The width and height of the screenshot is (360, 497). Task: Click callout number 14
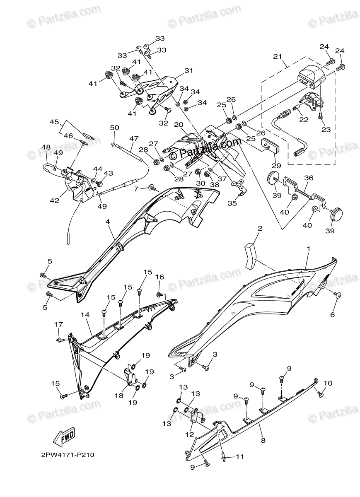85,315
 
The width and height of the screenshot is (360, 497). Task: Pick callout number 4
108,222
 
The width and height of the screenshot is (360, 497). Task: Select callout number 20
179,125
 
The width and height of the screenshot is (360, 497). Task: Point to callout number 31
189,71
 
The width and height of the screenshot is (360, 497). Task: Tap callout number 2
260,229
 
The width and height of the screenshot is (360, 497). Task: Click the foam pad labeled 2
250,251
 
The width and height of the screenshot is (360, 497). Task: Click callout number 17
58,324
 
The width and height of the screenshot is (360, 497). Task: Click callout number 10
327,383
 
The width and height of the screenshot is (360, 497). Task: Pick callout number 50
114,127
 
